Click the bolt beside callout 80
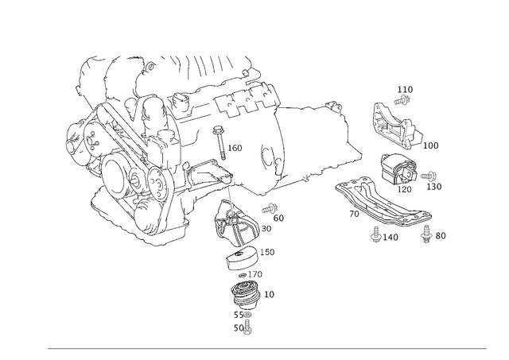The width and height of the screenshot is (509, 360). (425, 234)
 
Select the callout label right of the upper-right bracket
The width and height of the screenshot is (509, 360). (433, 146)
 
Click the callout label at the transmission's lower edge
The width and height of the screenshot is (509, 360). (274, 211)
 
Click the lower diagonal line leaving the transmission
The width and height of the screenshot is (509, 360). (310, 176)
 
